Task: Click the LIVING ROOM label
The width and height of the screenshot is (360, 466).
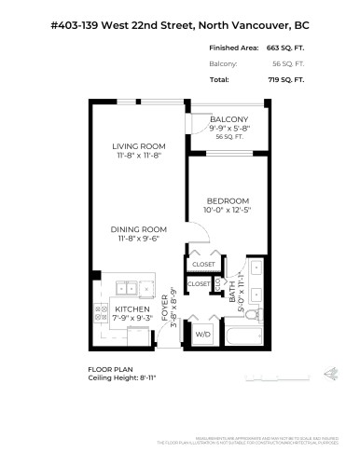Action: click(x=139, y=146)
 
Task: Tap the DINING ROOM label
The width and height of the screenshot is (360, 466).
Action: click(x=139, y=229)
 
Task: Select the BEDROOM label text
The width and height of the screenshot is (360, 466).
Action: click(x=228, y=200)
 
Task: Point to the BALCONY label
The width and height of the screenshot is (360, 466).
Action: click(x=228, y=120)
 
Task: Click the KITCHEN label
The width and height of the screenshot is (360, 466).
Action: click(x=132, y=308)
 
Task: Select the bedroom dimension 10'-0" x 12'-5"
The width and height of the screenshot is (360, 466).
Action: click(x=228, y=211)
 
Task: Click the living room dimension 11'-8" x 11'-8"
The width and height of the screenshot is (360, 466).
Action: click(x=139, y=157)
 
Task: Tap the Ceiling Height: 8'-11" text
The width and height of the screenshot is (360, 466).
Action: click(x=119, y=378)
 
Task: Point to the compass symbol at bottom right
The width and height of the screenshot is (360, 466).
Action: click(x=329, y=375)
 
